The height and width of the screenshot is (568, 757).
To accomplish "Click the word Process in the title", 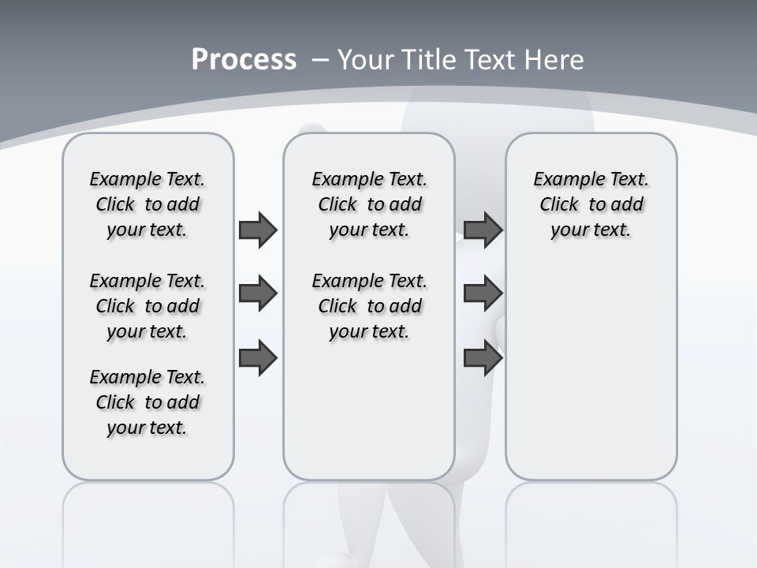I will point(244,60).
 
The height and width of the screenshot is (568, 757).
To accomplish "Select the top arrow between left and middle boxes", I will point(258,230).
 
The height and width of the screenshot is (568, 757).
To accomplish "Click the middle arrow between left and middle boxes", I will point(258,293).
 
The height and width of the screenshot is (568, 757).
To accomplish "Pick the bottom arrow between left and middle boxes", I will point(258,358).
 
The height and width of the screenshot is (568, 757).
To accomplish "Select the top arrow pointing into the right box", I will point(483,230).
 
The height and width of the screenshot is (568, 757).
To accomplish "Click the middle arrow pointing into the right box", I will point(483,293).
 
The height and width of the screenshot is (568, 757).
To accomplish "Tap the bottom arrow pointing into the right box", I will point(483,358).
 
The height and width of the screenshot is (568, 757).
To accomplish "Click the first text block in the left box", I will point(147,204).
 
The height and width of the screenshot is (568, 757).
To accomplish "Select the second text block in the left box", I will point(147,306).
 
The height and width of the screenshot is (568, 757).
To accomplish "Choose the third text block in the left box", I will point(147,402).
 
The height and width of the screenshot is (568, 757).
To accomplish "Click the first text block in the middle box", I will point(369,204).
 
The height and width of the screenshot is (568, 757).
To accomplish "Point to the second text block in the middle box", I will point(369,306).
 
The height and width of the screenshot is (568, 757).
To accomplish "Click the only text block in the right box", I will point(591,204).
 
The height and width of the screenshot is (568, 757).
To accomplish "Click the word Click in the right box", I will point(559,205).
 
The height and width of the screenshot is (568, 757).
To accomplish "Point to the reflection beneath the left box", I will point(148,521).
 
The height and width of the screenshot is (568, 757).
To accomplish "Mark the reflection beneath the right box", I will point(591,521).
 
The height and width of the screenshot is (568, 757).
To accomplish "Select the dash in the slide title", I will point(320,60).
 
